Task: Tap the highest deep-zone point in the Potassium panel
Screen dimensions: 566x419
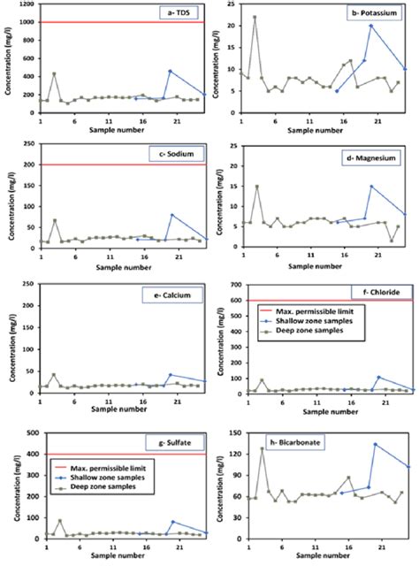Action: click(x=255, y=18)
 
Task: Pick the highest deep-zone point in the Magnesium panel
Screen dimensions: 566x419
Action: click(x=257, y=187)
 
